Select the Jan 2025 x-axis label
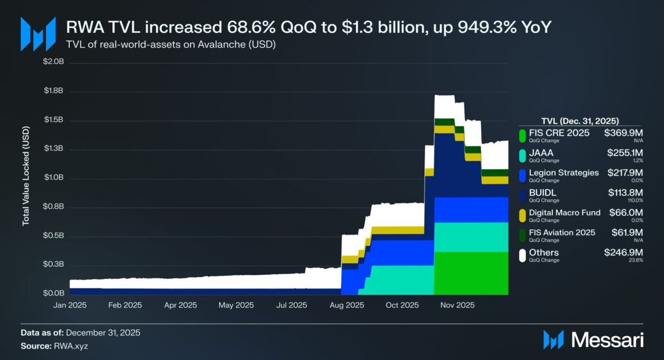(69, 305)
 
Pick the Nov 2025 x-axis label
(457, 305)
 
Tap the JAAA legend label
(541, 153)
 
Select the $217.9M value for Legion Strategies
(624, 173)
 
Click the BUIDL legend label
(543, 192)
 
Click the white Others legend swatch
(522, 256)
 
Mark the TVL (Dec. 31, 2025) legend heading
(580, 120)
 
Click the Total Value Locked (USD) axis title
(26, 178)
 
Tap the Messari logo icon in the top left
(38, 34)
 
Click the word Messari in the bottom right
(607, 340)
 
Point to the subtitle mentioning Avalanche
(171, 44)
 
